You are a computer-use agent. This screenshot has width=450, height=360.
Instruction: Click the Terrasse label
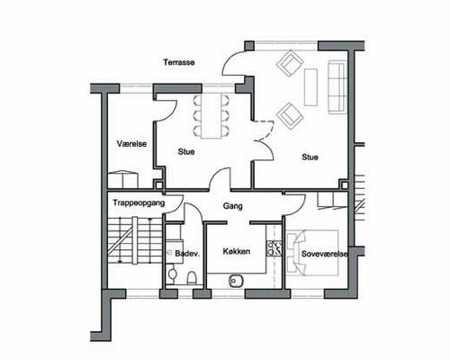[179, 62]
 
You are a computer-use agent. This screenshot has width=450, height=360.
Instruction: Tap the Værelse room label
[131, 144]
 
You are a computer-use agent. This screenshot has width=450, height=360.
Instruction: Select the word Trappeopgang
[139, 203]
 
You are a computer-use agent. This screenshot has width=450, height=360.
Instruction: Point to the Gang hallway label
[233, 206]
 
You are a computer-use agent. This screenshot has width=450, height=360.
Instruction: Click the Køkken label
[237, 251]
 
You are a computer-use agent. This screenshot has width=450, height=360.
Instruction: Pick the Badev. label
[187, 254]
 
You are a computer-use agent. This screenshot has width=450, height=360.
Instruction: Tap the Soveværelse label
[325, 254]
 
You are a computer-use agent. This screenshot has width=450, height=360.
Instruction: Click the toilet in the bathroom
[192, 277]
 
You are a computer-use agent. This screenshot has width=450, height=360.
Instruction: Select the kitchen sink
[237, 281]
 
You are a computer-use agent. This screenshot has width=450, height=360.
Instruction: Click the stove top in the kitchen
[274, 248]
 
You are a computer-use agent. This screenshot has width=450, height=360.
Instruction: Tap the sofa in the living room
[337, 87]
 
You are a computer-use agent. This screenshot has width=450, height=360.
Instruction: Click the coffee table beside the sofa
[310, 87]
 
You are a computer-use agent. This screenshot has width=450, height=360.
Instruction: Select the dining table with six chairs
[211, 116]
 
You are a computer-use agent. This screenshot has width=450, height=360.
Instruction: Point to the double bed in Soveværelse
[312, 253]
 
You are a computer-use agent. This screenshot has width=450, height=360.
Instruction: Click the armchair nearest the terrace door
[290, 63]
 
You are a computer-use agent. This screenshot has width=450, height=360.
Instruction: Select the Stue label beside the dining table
[186, 152]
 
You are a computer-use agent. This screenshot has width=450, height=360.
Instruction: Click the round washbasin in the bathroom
[172, 274]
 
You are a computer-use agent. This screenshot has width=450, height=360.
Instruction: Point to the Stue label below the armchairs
[310, 157]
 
